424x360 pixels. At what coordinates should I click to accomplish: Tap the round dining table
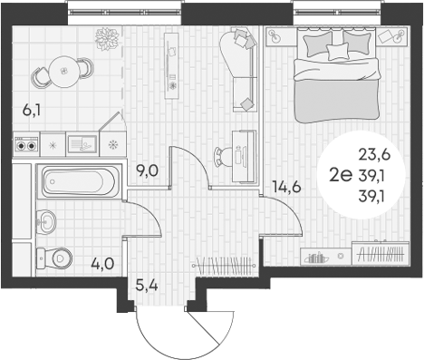[x=60, y=67]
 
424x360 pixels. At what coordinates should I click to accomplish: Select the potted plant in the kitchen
[x=107, y=38]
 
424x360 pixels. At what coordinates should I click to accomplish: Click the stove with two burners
[x=26, y=143]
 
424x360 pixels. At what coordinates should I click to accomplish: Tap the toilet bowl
[x=56, y=257]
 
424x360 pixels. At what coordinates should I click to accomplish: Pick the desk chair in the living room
[x=220, y=154]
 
